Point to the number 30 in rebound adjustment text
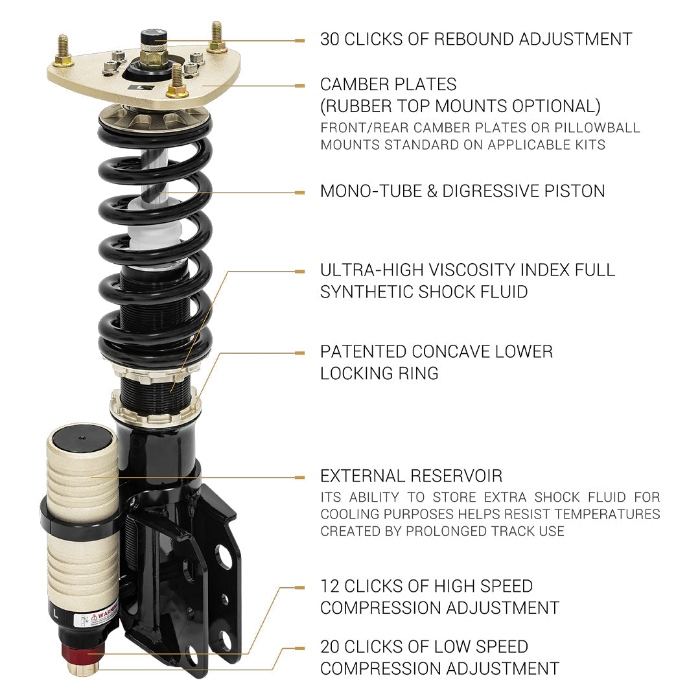coord(330,39)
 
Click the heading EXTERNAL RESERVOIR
coord(411,476)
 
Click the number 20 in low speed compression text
coord(331,647)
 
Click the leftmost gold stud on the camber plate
coord(63,52)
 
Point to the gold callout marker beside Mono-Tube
coord(299,192)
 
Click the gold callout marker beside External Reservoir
coord(299,478)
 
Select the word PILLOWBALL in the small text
coord(597,128)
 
